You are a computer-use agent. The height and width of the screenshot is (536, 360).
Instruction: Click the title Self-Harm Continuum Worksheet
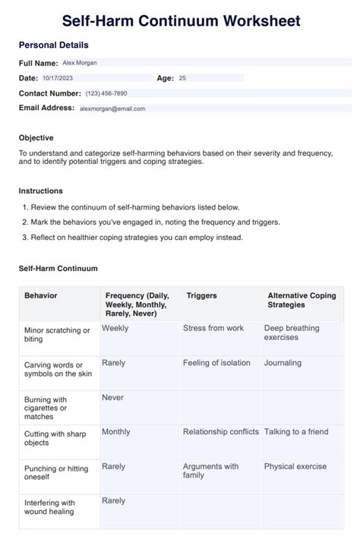point(180,20)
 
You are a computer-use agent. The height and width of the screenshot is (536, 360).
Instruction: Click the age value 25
point(182,78)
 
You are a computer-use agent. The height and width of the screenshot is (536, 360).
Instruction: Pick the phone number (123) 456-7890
point(106,93)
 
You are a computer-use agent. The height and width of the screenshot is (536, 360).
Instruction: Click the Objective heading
point(36,138)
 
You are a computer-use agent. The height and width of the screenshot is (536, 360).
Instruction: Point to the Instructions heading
point(41,191)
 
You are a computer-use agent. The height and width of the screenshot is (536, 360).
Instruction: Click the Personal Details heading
point(53,46)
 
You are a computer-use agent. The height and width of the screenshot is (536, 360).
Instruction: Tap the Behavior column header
point(41,295)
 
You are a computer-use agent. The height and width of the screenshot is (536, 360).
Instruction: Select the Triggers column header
point(201,295)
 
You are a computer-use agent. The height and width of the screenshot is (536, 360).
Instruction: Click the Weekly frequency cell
point(115,328)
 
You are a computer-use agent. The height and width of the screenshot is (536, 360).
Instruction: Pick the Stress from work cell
point(213,328)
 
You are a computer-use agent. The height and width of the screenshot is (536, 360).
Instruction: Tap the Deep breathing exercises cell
point(292,333)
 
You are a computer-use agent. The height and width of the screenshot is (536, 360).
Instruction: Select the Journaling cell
point(283,363)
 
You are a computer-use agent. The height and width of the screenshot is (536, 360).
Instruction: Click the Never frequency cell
point(112,397)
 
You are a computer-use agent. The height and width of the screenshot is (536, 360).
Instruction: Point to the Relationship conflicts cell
point(221,431)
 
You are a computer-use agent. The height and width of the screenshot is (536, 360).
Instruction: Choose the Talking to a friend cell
point(296,431)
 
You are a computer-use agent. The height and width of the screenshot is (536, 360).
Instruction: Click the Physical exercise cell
point(295,466)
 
